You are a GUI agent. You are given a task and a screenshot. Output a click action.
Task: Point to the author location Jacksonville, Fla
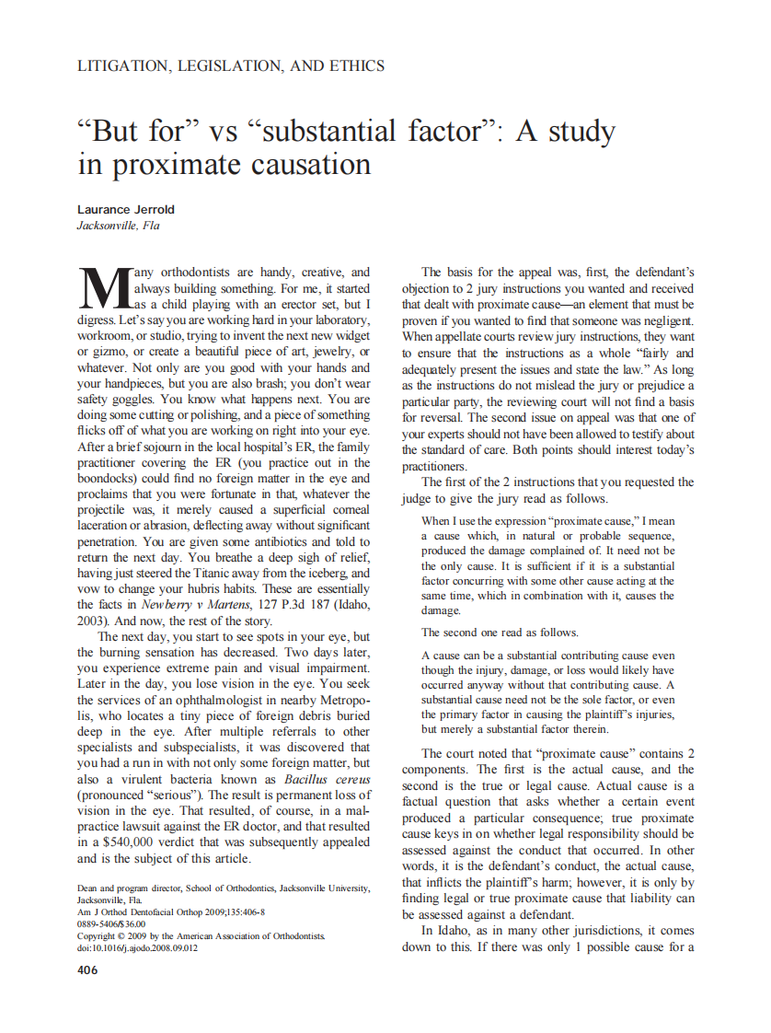point(118,226)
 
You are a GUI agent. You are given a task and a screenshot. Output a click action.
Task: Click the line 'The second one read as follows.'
point(501,633)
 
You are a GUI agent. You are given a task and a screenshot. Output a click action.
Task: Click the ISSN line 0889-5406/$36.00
point(113,923)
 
